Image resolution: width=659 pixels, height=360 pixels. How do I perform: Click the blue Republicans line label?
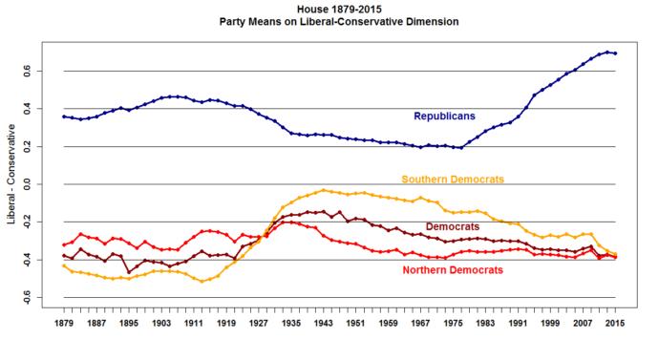(x=444, y=116)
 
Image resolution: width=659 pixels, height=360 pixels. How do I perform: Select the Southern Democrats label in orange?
(x=453, y=180)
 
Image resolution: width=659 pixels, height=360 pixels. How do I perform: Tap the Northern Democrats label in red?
(x=453, y=270)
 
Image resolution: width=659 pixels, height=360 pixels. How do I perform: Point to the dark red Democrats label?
(x=453, y=227)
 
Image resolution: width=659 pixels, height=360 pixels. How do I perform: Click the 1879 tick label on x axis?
(x=64, y=323)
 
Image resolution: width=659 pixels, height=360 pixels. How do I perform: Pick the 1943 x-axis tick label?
(x=323, y=323)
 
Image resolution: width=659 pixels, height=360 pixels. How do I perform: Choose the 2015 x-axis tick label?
(x=615, y=323)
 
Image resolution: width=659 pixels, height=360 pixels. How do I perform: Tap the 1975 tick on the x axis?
(x=453, y=323)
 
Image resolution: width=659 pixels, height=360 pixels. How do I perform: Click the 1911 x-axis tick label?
(x=194, y=323)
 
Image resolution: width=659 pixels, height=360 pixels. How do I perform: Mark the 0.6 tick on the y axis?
(x=28, y=71)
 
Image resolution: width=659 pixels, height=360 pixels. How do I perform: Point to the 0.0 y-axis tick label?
(x=28, y=184)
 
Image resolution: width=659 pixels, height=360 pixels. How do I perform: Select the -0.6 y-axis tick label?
(x=28, y=297)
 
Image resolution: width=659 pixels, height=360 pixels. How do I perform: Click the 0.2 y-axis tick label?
(x=28, y=146)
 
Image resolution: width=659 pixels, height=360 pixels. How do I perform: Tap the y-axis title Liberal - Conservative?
(x=11, y=175)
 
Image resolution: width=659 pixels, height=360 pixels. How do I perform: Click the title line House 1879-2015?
(x=339, y=10)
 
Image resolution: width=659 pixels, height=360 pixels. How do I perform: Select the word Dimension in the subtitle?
(x=432, y=22)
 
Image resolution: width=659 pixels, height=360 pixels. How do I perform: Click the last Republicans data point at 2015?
(x=615, y=53)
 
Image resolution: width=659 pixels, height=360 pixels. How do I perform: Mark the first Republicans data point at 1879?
(x=64, y=116)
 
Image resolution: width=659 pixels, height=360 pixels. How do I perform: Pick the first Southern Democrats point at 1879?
(x=64, y=265)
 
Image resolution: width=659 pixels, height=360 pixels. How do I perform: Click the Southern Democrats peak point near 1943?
(x=323, y=190)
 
